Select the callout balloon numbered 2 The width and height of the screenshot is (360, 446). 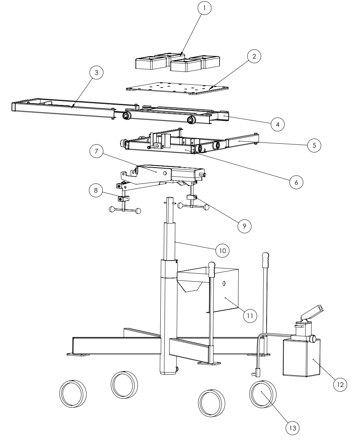click(x=254, y=57)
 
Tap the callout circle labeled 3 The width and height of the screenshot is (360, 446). click(x=96, y=73)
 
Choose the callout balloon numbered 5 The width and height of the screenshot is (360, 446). click(x=314, y=145)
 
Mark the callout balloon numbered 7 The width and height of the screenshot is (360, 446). click(x=96, y=151)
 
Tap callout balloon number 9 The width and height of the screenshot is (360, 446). click(x=244, y=225)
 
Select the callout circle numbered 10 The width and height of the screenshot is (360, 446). click(x=223, y=249)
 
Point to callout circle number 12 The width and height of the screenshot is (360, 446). click(x=340, y=383)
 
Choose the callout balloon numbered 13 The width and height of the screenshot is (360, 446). click(x=293, y=428)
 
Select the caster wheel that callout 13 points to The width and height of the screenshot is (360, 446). click(x=263, y=394)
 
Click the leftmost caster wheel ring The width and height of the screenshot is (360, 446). click(x=73, y=393)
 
